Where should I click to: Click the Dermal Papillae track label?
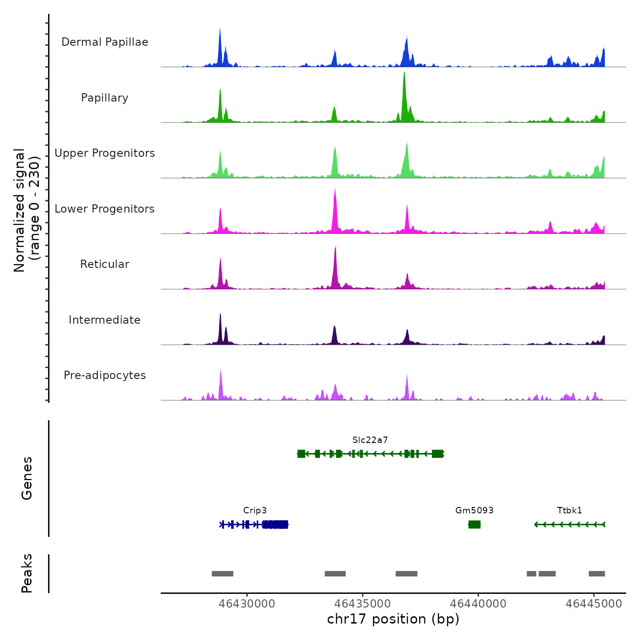(x=105, y=42)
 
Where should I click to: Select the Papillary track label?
(x=105, y=98)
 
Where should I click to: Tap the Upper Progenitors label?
(x=105, y=153)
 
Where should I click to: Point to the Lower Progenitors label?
(x=105, y=209)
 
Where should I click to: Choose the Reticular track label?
(x=105, y=264)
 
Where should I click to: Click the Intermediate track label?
(x=105, y=320)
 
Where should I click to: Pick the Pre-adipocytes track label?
(x=105, y=375)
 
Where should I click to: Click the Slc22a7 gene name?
(x=370, y=440)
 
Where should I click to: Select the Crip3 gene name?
(x=255, y=511)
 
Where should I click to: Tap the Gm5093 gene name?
(x=474, y=511)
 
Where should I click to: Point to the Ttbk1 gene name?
(x=570, y=511)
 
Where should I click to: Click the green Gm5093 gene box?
(x=475, y=524)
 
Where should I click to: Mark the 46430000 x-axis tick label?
(x=247, y=604)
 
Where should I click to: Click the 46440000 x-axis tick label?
(x=478, y=604)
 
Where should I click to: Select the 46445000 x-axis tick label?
(x=594, y=604)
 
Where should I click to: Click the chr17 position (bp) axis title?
(x=393, y=619)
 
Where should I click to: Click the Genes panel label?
(x=27, y=478)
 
